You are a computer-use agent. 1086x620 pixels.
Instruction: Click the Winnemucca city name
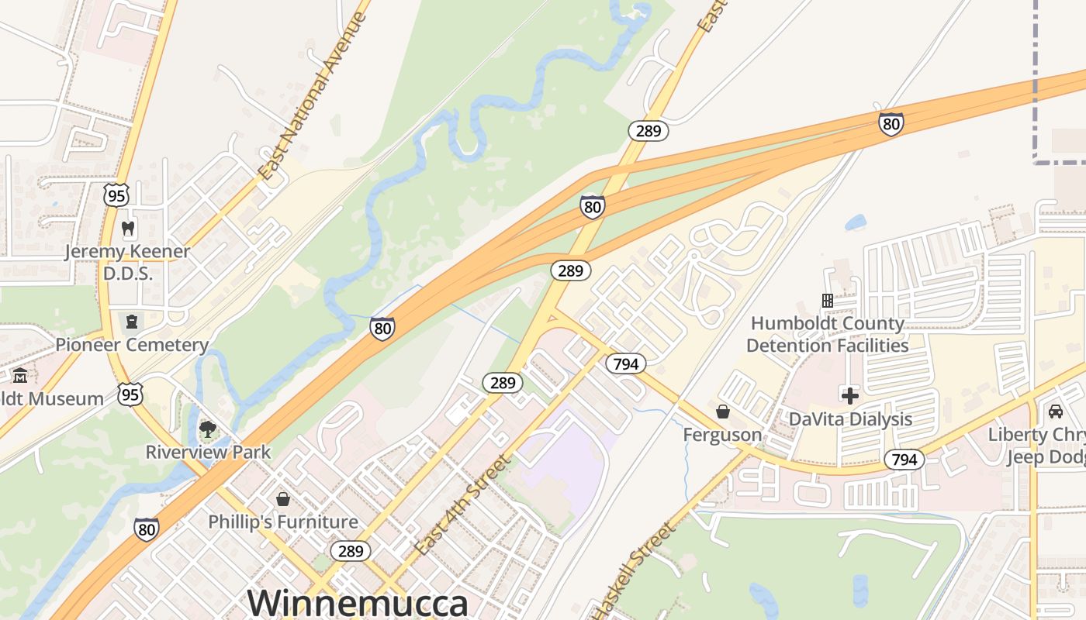coord(358,603)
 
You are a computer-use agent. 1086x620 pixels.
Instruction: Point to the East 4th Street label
coord(463,505)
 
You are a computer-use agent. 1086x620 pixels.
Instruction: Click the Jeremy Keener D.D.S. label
coord(127,262)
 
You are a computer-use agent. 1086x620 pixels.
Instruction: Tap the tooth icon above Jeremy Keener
coord(129,229)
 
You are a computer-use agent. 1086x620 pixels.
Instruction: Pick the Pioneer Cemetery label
coord(132,345)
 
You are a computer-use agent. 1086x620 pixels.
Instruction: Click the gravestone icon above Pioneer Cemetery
coord(131,321)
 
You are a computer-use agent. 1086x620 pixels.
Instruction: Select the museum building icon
coord(20,376)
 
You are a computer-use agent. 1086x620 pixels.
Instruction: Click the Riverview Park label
coord(209,452)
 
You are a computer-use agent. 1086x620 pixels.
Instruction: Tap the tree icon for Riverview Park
coord(207,429)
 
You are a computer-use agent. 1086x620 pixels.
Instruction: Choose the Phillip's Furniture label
coord(283,522)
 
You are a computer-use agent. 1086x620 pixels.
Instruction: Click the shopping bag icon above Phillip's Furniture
coord(282,498)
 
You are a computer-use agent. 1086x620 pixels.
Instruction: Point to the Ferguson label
coord(722,434)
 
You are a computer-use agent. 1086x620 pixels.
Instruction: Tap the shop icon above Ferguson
coord(723,411)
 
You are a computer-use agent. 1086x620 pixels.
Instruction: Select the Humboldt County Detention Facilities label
coord(827,334)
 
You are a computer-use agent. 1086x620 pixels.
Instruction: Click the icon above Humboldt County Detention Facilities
coord(827,300)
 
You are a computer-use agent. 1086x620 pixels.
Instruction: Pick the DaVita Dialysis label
coord(850,419)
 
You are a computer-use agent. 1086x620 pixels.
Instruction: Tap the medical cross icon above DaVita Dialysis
coord(850,396)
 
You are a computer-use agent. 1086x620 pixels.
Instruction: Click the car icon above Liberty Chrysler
coord(1055,411)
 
